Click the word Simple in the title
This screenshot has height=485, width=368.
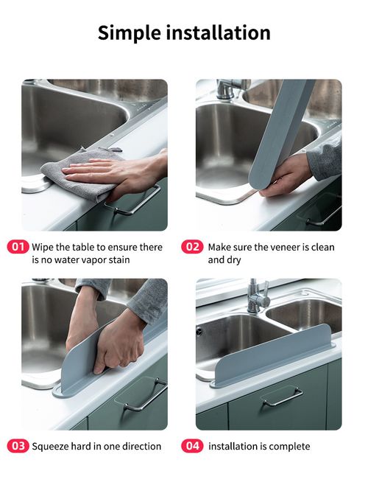tap(130, 33)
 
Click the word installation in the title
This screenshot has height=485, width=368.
tap(219, 32)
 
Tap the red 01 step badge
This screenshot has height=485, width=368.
tap(18, 247)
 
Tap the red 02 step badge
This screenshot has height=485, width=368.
tap(192, 247)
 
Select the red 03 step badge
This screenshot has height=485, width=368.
tap(18, 446)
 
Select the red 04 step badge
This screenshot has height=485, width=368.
tap(192, 446)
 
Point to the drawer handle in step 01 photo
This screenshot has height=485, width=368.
tap(133, 201)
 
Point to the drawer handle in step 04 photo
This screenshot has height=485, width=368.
tap(283, 397)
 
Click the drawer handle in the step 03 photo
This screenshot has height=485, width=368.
tap(145, 395)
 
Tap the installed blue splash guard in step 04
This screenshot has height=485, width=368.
tap(272, 356)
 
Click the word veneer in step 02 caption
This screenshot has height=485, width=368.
tap(277, 247)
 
